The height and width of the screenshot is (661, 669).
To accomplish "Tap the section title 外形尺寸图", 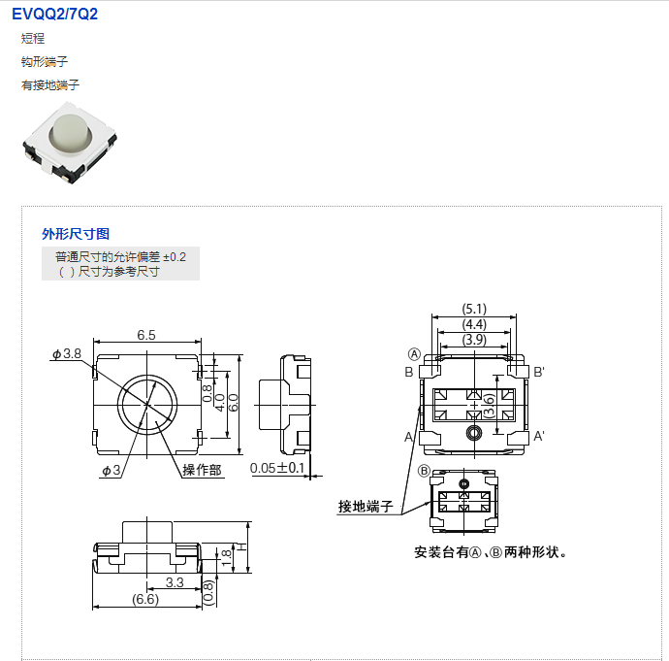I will pos(76,234).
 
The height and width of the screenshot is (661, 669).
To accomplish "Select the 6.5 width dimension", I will pos(146,335).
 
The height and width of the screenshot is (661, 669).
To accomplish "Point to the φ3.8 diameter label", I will pos(67,354).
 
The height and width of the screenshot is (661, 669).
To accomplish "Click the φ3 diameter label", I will pos(111,471).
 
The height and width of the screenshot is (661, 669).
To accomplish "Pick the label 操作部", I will pos(203,470).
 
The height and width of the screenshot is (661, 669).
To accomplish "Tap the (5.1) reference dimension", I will pos(474,310).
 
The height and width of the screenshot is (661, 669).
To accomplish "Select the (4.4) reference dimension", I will pos(474,324).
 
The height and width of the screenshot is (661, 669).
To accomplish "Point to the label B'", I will pos(539,372).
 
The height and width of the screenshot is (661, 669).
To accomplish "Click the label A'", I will pos(539,437).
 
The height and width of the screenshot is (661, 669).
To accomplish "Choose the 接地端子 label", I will pos(366,507).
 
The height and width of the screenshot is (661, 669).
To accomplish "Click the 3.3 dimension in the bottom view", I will pos(175,582).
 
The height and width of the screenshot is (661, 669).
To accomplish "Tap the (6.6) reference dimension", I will pos(145,600).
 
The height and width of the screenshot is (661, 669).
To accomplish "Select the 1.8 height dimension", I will pos(227,555).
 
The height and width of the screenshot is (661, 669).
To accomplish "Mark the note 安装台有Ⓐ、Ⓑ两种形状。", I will pos(490,552).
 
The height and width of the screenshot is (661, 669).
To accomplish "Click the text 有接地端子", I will pos(50,85).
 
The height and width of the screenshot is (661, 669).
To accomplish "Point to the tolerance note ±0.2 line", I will pos(120,256).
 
